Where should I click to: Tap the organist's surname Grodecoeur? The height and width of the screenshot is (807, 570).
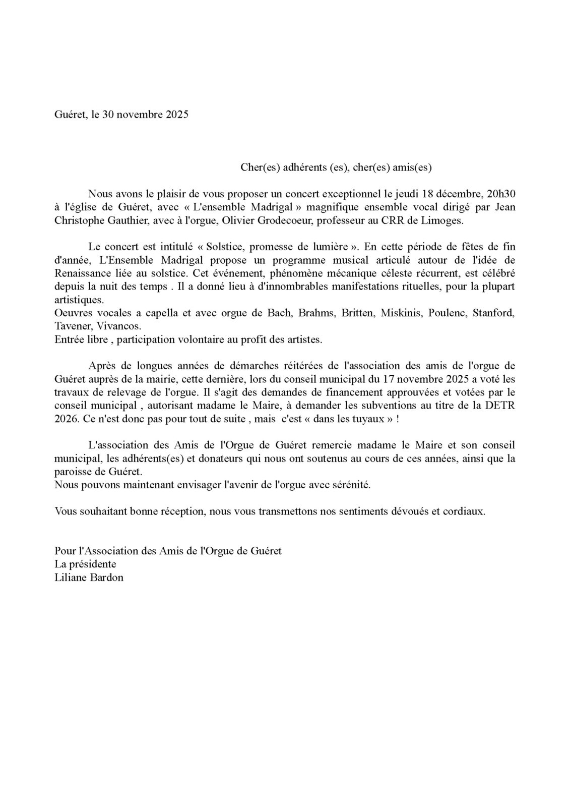306,220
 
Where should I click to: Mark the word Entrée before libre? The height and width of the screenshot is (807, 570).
68,339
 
